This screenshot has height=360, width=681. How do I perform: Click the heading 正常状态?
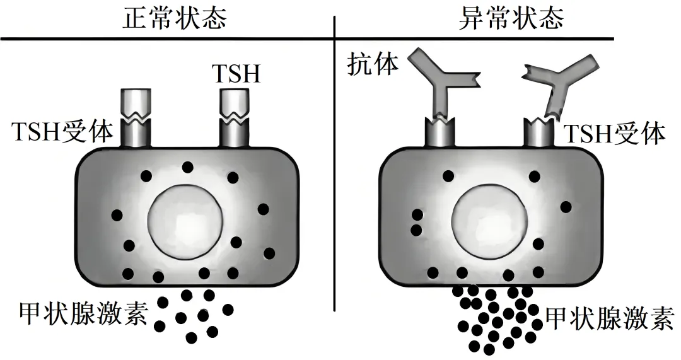174,19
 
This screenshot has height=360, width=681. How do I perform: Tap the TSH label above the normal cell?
235,74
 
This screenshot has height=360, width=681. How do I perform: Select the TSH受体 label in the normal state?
62,134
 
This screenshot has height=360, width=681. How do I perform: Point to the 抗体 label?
373,65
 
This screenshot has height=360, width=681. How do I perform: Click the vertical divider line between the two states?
334,189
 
